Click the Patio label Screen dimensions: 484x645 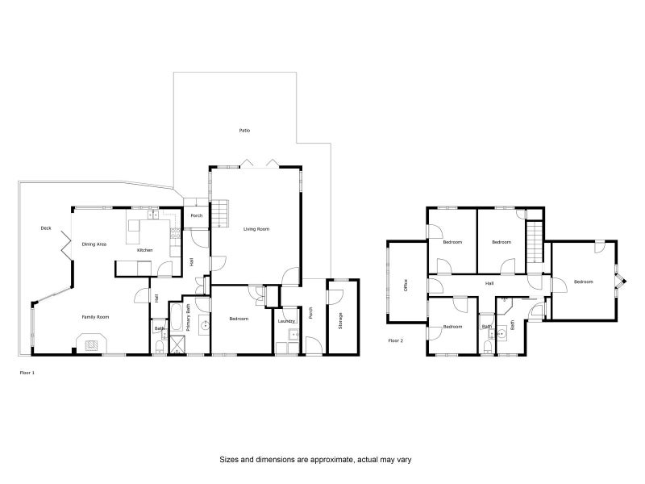pos(243,130)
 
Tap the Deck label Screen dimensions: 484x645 pos(46,228)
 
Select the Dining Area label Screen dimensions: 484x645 pos(95,244)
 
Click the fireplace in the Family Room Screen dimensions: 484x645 pos(94,344)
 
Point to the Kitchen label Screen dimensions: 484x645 pos(144,250)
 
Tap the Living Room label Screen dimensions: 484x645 pos(256,229)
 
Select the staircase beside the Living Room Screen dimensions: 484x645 pos(221,213)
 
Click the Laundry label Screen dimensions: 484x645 pos(286,322)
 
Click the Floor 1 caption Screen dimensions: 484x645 pos(27,373)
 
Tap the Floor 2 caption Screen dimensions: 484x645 pos(396,340)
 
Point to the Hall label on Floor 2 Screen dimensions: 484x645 pos(489,284)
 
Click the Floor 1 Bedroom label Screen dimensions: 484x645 pos(239,319)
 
